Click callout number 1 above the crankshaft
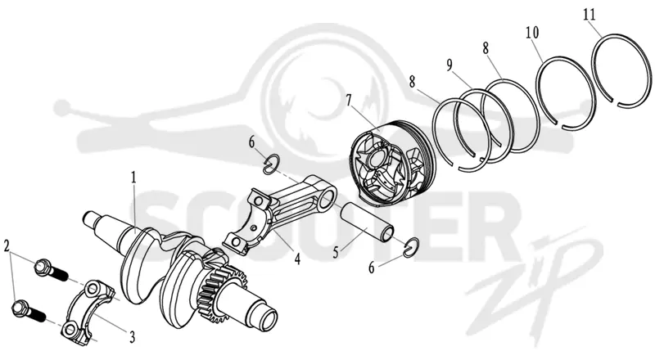tap(133, 178)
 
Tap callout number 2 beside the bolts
tap(7, 246)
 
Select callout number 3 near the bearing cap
tap(132, 336)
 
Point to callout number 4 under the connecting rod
tap(297, 259)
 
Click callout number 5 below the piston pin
tap(336, 253)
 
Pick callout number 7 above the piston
tap(350, 101)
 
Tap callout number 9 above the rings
tap(449, 65)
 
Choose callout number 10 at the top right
tap(532, 33)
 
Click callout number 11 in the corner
tap(589, 15)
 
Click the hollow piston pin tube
tap(368, 223)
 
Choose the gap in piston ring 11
tap(615, 101)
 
